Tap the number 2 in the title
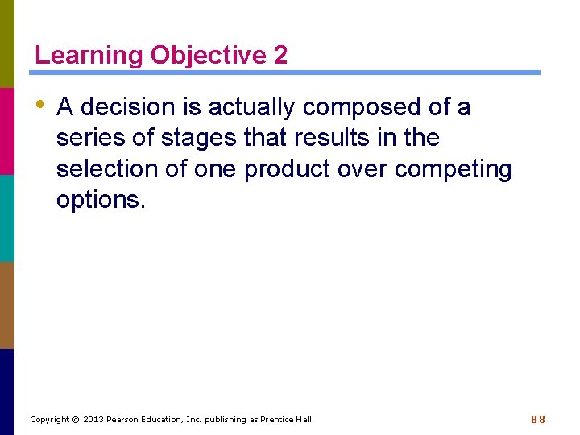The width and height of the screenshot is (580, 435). pos(280,56)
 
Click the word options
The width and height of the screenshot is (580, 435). pos(101,201)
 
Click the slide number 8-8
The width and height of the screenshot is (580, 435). pos(537,420)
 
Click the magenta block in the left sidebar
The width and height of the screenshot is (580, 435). pos(7,130)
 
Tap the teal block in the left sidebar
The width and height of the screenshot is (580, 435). pos(7,217)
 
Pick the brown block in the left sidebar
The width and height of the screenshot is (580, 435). pos(7,304)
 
